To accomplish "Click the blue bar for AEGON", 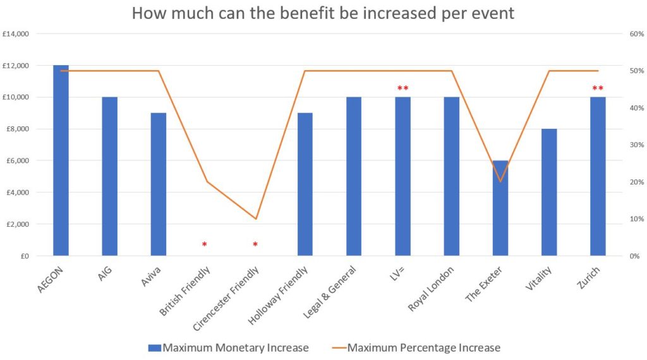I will tap(61, 160).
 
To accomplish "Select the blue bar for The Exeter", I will tap(500, 208).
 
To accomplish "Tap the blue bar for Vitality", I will tap(549, 192).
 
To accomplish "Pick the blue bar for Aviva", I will tap(159, 184).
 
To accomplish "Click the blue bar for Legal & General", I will tap(354, 176).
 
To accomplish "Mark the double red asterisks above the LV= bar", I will tap(403, 88).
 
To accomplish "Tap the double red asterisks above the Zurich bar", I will tap(598, 88).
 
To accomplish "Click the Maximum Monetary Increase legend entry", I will tap(228, 347).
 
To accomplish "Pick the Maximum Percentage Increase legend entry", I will tap(415, 347).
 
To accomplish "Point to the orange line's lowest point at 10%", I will tap(256, 219).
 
